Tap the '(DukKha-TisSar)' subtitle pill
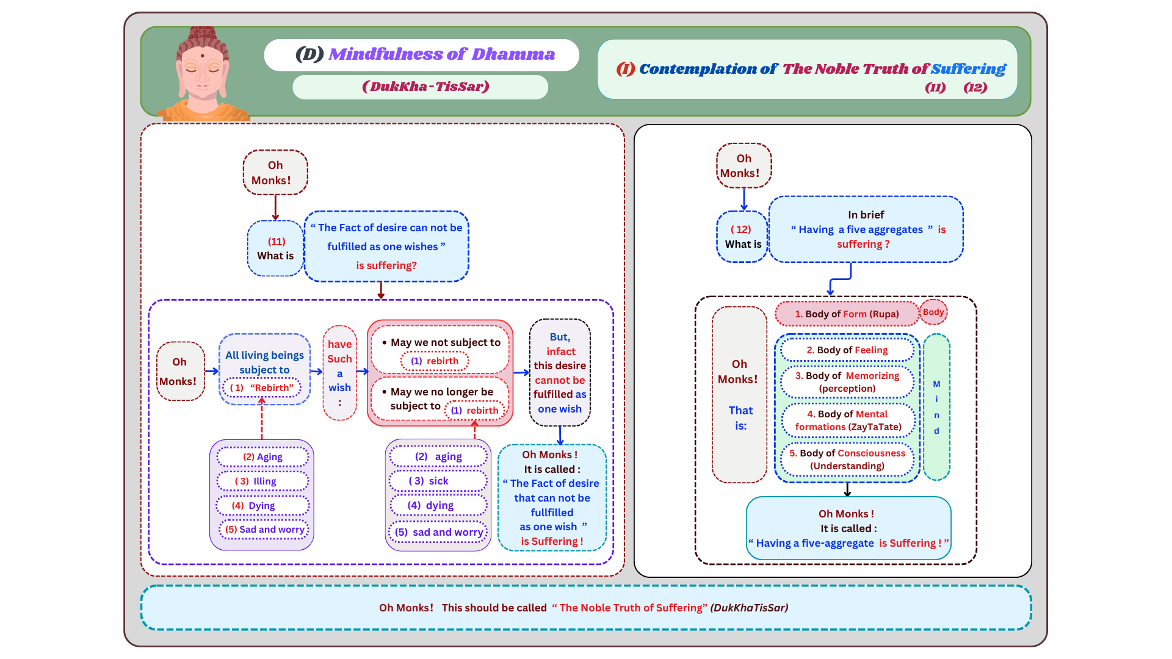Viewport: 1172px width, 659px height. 420,87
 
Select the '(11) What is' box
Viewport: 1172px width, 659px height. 275,248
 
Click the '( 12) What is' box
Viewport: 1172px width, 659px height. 742,237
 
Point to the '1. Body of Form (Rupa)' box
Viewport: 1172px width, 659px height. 847,314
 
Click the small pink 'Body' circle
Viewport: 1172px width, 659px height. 933,312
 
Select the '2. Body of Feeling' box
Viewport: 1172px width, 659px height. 847,350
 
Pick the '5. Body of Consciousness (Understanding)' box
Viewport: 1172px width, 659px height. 847,459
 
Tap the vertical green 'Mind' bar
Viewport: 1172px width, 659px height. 936,407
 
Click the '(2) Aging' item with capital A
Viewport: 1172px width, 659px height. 262,456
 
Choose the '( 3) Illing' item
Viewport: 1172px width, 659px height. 262,481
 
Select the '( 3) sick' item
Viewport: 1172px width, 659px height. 438,481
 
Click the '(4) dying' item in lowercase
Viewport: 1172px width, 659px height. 438,505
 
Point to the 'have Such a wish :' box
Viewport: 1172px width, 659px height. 339,373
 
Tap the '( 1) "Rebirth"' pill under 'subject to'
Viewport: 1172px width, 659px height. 262,387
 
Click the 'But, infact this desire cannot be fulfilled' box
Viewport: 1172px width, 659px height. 560,372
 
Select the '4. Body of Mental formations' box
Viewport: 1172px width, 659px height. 848,420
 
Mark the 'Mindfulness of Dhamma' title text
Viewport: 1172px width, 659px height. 441,54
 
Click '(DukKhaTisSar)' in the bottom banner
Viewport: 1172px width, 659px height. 749,608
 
